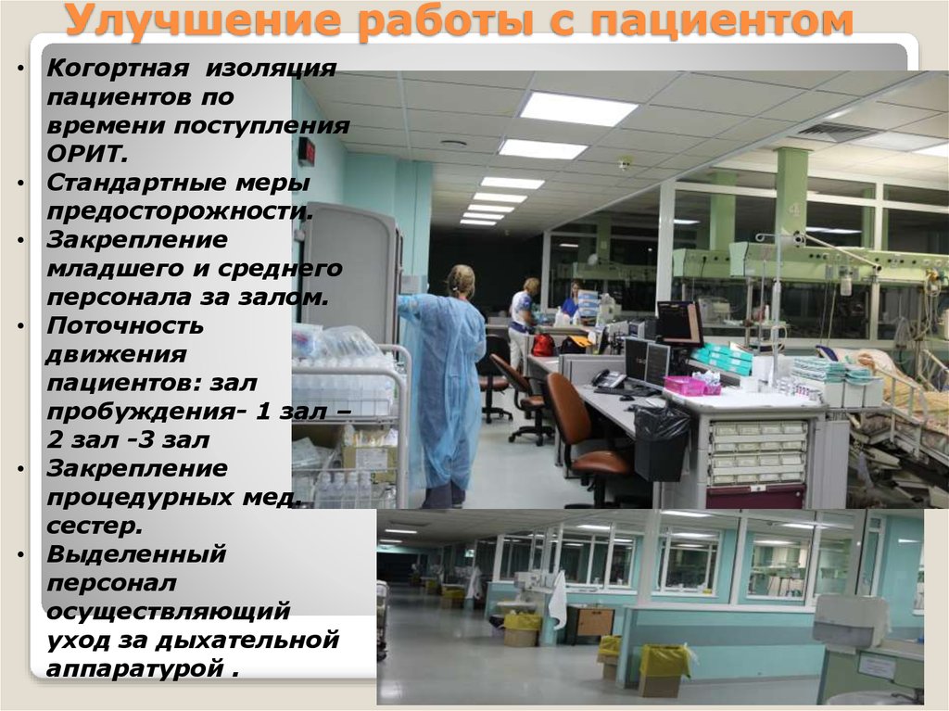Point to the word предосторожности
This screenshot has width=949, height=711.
click(179, 210)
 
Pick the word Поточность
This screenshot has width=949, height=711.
click(125, 325)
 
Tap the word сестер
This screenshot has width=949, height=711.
click(93, 527)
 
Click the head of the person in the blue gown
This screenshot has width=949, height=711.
click(461, 279)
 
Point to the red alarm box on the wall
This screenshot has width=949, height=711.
click(306, 151)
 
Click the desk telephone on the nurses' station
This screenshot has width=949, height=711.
click(608, 378)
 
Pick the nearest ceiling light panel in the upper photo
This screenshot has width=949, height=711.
click(577, 108)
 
